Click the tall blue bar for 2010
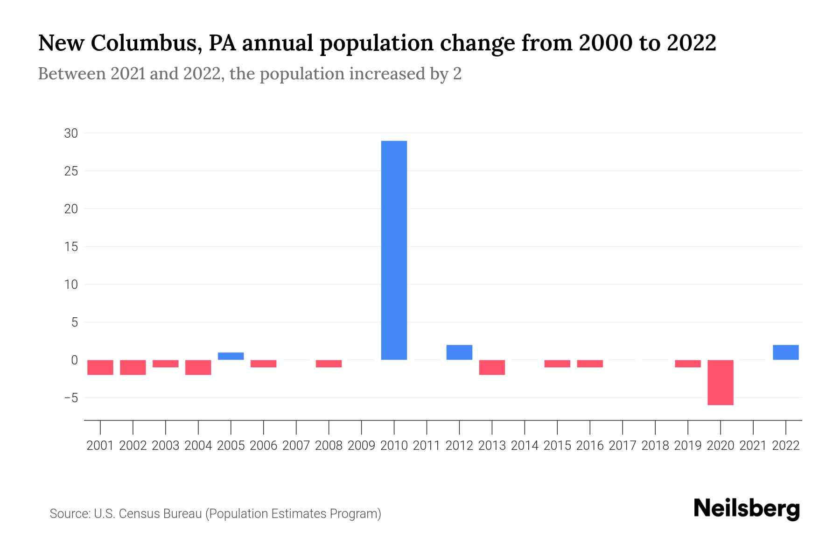click(x=394, y=250)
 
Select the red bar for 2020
click(x=721, y=382)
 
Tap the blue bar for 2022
click(x=786, y=352)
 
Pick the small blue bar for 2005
click(x=231, y=356)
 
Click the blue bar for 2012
click(x=459, y=352)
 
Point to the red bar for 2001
click(x=100, y=367)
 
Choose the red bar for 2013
click(x=492, y=367)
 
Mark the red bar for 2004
click(x=198, y=367)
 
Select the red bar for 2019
click(x=688, y=364)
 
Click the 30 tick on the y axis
click(x=71, y=133)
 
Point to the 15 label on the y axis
click(x=71, y=247)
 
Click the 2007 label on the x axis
click(x=296, y=446)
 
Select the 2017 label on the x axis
click(x=623, y=446)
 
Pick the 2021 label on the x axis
click(x=753, y=446)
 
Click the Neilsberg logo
click(x=747, y=509)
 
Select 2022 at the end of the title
click(x=691, y=43)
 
